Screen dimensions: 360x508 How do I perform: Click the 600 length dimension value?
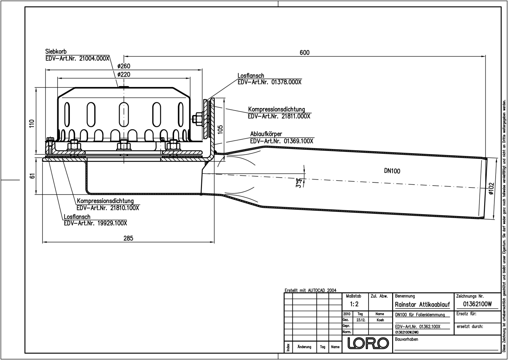click(x=304, y=53)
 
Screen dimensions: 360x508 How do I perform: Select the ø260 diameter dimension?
click(x=124, y=66)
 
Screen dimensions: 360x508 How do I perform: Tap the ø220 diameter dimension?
click(x=124, y=75)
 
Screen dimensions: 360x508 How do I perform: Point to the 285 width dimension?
click(x=128, y=238)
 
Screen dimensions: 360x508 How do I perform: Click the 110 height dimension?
click(x=32, y=123)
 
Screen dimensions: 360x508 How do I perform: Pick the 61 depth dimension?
click(x=32, y=176)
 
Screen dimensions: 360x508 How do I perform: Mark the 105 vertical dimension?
click(x=221, y=129)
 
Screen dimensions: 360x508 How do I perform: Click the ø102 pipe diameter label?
click(x=491, y=189)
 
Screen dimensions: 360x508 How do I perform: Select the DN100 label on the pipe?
click(x=392, y=171)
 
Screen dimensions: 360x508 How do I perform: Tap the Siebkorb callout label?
click(x=56, y=51)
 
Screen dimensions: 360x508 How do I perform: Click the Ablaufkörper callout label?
click(x=266, y=134)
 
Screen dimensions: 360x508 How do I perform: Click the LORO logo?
click(x=368, y=343)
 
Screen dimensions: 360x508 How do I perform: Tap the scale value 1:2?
click(x=354, y=304)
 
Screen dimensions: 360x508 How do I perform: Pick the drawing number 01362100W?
click(x=477, y=304)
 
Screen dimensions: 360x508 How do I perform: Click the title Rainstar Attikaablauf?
click(x=422, y=305)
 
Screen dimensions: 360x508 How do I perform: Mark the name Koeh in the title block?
click(x=380, y=320)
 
